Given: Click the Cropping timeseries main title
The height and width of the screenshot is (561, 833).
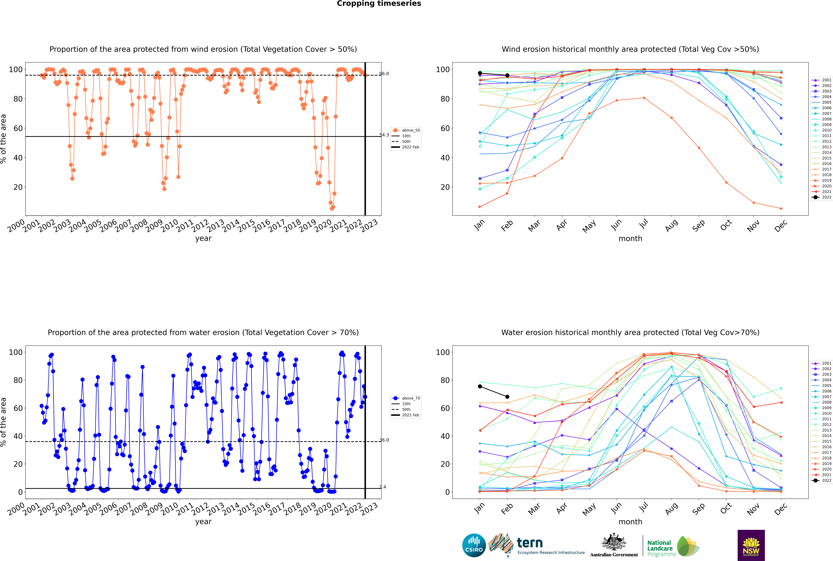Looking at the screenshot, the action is (x=379, y=4).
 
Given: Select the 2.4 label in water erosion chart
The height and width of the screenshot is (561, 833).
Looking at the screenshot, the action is (x=383, y=487).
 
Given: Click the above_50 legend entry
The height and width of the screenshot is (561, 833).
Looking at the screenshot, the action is (x=406, y=130).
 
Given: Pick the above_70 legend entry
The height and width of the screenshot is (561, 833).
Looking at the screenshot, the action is (x=406, y=398).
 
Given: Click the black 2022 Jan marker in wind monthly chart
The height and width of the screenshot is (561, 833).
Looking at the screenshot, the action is (x=480, y=73).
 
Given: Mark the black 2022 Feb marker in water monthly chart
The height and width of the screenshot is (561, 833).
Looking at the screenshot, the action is (x=507, y=397).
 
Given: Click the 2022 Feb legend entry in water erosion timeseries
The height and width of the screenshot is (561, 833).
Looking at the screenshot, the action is (x=406, y=415).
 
